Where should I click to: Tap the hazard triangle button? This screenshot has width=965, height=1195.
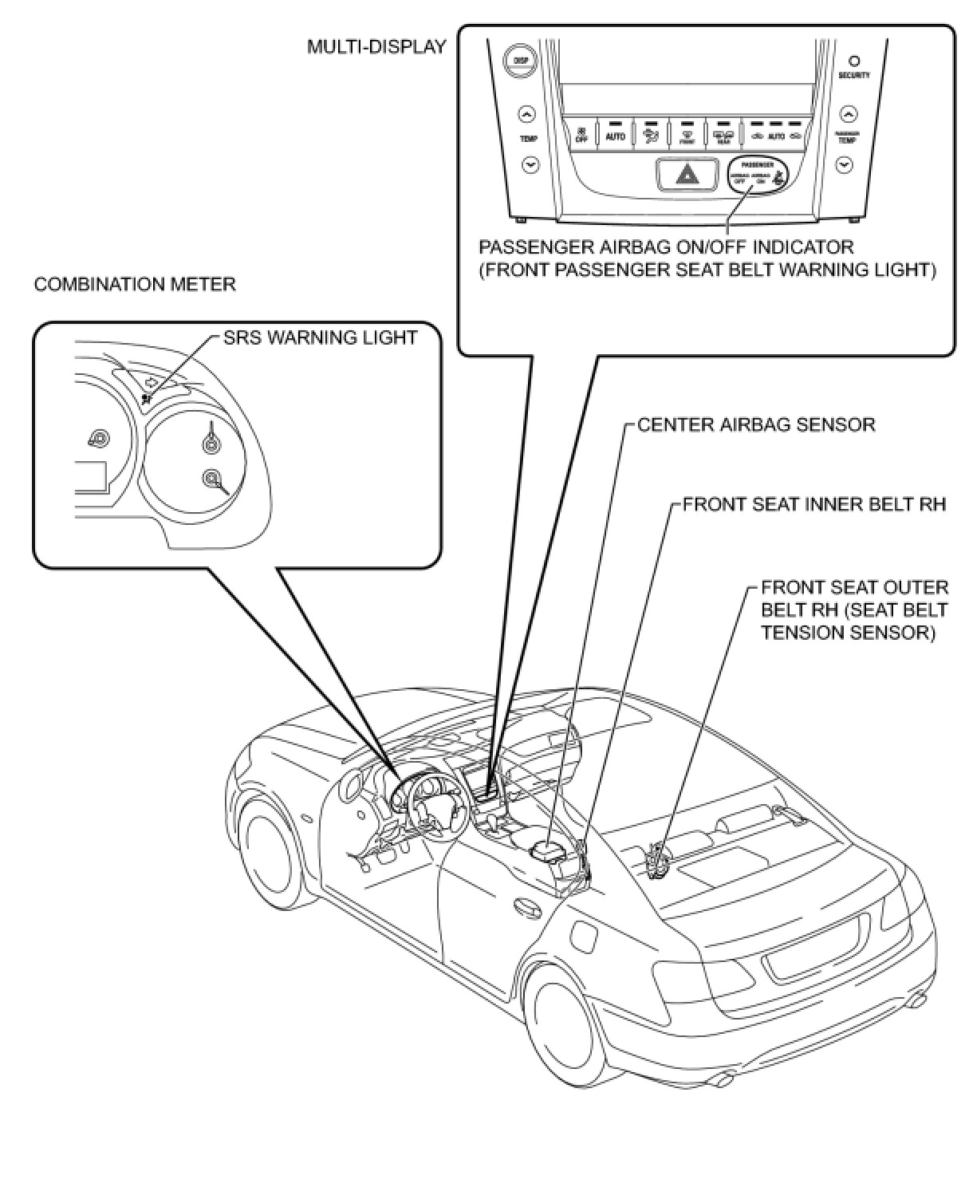(685, 175)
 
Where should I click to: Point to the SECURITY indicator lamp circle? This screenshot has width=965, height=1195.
(853, 61)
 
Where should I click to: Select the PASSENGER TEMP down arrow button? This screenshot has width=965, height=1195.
(845, 165)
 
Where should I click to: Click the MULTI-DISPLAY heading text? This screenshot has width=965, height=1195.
(376, 47)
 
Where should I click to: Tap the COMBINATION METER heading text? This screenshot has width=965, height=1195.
(135, 285)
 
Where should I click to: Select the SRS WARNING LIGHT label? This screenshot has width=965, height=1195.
(320, 338)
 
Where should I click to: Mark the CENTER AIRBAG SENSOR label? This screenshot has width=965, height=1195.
(756, 424)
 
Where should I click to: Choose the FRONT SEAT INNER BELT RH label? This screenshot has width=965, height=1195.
(814, 504)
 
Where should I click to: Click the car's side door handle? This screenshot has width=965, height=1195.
(527, 908)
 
